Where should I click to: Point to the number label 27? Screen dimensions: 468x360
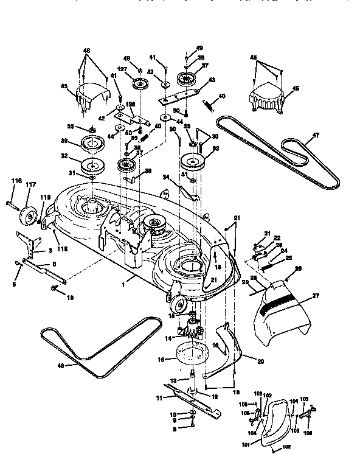click(x=315, y=296)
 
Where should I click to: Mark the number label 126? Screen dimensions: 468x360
click(x=130, y=103)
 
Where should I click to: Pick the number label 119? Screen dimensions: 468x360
click(x=43, y=197)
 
